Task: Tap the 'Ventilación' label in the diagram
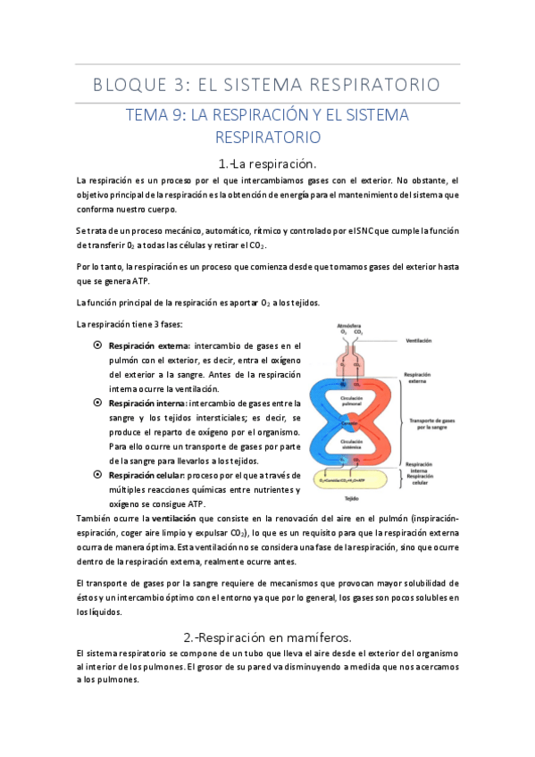(x=418, y=340)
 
